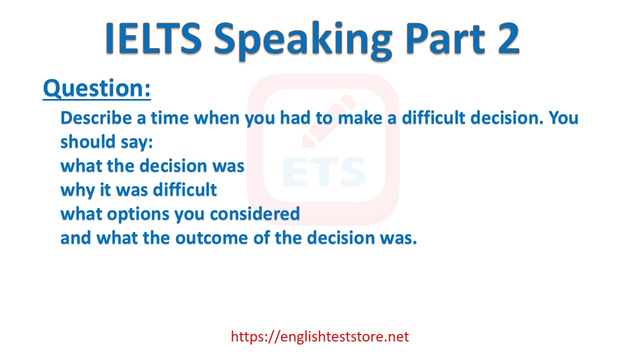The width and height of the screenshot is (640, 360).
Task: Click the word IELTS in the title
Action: (153, 38)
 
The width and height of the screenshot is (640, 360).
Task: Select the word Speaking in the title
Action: (303, 40)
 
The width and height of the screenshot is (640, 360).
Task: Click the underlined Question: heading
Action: (97, 88)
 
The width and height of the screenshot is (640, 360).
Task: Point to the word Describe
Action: (96, 117)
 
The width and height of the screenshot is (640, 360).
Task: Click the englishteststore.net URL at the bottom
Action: (320, 336)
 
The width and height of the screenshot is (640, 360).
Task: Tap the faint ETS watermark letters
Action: (324, 171)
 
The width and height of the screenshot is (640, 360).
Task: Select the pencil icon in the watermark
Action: (328, 121)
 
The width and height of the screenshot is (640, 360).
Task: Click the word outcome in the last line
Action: (211, 237)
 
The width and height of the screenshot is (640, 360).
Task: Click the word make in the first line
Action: (360, 117)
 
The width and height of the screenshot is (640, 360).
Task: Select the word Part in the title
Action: (445, 38)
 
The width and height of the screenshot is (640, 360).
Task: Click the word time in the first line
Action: (169, 117)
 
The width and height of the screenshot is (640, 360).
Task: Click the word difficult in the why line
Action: (185, 189)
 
